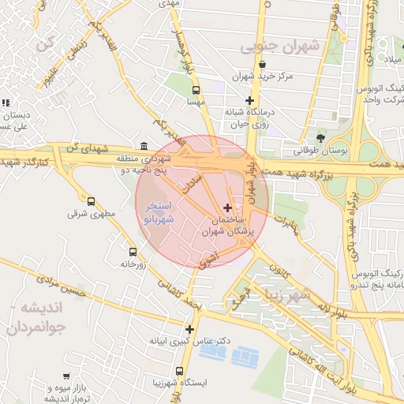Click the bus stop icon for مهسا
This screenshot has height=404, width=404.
(196, 90)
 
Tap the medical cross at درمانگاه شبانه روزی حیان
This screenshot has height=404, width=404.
(250, 100)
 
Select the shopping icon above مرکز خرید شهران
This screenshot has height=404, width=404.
(262, 65)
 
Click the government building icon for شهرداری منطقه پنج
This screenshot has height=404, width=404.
(143, 146)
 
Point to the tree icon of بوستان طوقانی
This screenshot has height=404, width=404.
(320, 138)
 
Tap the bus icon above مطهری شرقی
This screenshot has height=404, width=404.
(92, 201)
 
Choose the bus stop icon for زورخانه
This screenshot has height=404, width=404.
(133, 252)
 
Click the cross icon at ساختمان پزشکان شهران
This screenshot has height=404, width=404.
(229, 208)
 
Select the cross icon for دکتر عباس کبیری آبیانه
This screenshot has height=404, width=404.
(189, 329)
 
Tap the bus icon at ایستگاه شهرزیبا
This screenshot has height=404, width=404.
(180, 371)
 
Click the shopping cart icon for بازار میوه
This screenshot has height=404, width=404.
(65, 377)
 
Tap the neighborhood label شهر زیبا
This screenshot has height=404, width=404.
(296, 296)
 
